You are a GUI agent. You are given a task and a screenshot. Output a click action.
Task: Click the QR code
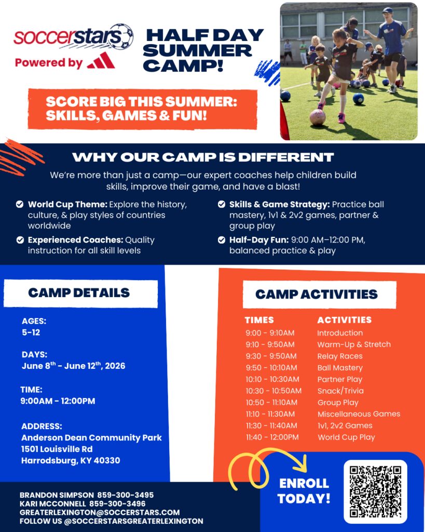[x=376, y=491]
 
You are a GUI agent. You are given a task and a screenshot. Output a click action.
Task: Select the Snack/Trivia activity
[x=340, y=391]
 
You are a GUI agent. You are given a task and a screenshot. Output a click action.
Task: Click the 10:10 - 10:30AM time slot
[x=272, y=379]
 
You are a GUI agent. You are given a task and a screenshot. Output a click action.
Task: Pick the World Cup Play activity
[x=346, y=437]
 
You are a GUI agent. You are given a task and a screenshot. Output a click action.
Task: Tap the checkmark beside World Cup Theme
[x=20, y=204]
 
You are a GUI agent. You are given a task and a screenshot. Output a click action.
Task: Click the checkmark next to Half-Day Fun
[x=222, y=240]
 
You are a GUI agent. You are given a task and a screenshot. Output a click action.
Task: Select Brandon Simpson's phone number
[x=126, y=495]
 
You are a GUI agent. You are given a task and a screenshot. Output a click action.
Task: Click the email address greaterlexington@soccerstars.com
[x=100, y=512]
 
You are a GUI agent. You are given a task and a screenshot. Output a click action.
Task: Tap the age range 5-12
[x=31, y=332]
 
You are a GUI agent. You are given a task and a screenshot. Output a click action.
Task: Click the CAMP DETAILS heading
[x=79, y=293]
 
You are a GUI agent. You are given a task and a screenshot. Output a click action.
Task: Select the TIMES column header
[x=259, y=320]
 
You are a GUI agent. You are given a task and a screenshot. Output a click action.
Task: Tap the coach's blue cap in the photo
[x=387, y=10]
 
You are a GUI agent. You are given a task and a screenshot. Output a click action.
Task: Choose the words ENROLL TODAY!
[x=304, y=491]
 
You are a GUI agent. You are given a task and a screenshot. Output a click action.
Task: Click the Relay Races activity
[x=340, y=356]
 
